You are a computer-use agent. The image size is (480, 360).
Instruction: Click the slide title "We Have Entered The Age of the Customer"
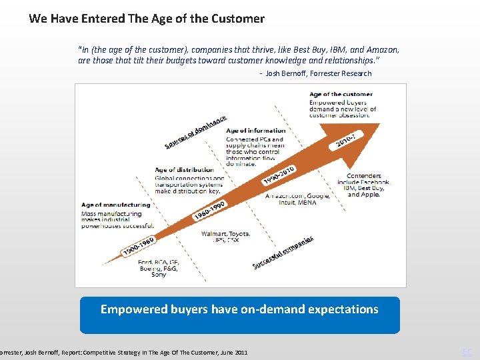coord(147,19)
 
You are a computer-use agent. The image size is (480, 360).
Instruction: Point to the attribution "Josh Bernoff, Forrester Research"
coord(319,73)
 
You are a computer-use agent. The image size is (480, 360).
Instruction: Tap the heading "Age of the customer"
coord(341,95)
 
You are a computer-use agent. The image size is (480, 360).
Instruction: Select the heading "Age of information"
coord(256,131)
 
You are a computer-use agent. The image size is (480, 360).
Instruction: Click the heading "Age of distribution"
coord(185,170)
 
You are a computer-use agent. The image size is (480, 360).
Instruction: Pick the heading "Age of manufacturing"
coord(115,205)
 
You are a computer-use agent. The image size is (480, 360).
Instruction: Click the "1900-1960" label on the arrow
coord(137,247)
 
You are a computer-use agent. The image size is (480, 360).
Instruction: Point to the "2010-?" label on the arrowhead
coord(349,139)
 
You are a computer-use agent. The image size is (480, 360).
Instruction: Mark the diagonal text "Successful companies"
coord(283,253)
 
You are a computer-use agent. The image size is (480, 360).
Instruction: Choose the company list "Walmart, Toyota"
coord(226,234)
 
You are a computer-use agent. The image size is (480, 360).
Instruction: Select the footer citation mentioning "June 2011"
coord(124,351)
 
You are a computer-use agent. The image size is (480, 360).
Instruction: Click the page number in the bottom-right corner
coord(468,351)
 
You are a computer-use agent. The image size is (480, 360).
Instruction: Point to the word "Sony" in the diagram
coord(159,275)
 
